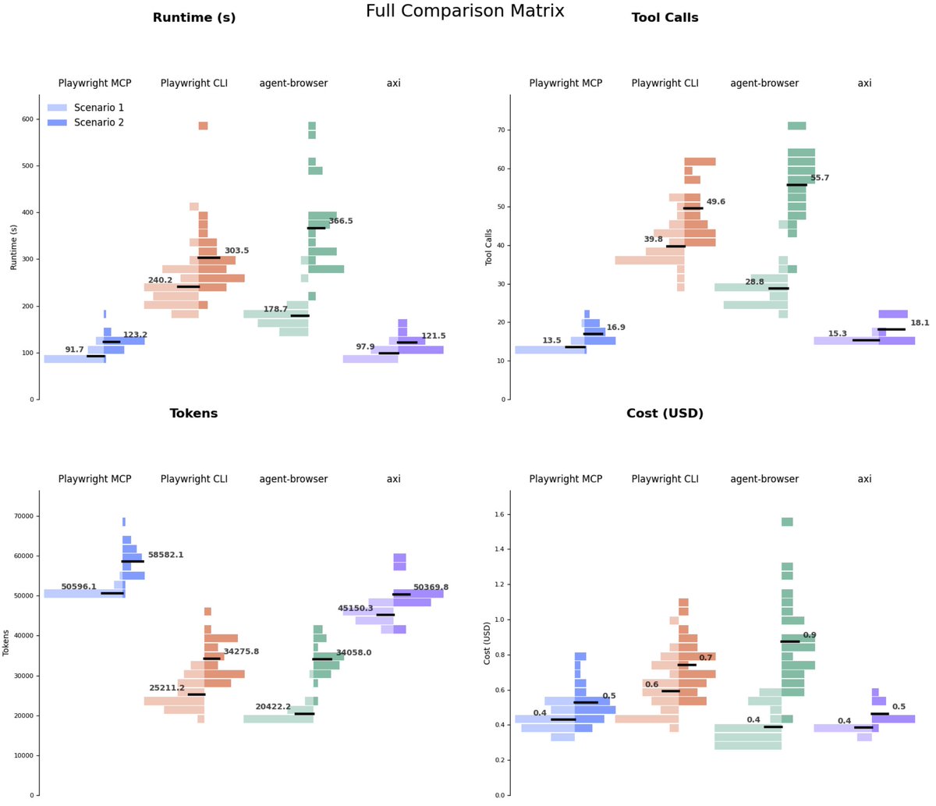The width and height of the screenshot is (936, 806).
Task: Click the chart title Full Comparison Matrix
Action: pyautogui.click(x=465, y=11)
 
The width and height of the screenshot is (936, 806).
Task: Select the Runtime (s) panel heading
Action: pyautogui.click(x=193, y=18)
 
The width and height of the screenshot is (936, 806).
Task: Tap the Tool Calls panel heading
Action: pyautogui.click(x=665, y=18)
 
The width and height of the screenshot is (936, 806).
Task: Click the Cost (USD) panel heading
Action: pyautogui.click(x=665, y=414)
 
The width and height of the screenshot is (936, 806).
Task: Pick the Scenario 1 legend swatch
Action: pyautogui.click(x=57, y=108)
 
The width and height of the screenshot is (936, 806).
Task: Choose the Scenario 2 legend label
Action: pyautogui.click(x=99, y=122)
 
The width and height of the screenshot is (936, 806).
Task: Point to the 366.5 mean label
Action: pyautogui.click(x=341, y=221)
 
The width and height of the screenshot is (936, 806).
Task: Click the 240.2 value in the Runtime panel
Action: pyautogui.click(x=161, y=280)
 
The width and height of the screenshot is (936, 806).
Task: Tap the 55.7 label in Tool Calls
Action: pyautogui.click(x=820, y=178)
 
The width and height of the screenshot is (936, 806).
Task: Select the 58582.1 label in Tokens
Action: pyautogui.click(x=165, y=555)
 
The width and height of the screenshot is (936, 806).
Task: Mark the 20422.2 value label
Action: pyautogui.click(x=273, y=706)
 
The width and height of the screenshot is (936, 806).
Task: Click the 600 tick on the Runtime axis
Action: pyautogui.click(x=27, y=119)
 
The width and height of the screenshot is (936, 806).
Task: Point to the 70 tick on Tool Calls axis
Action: pyautogui.click(x=502, y=130)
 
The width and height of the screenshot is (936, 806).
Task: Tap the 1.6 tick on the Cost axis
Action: pyautogui.click(x=499, y=514)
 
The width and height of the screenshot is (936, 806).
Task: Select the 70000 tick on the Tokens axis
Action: pyautogui.click(x=25, y=516)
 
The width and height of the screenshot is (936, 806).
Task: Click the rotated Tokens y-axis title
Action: pyautogui.click(x=6, y=643)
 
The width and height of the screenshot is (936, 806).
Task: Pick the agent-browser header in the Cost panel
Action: pyautogui.click(x=764, y=479)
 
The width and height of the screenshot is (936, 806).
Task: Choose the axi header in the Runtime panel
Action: pyautogui.click(x=393, y=83)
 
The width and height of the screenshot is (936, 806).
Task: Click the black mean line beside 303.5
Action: pyautogui.click(x=209, y=257)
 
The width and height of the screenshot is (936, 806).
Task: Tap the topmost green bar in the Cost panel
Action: pyautogui.click(x=787, y=522)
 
